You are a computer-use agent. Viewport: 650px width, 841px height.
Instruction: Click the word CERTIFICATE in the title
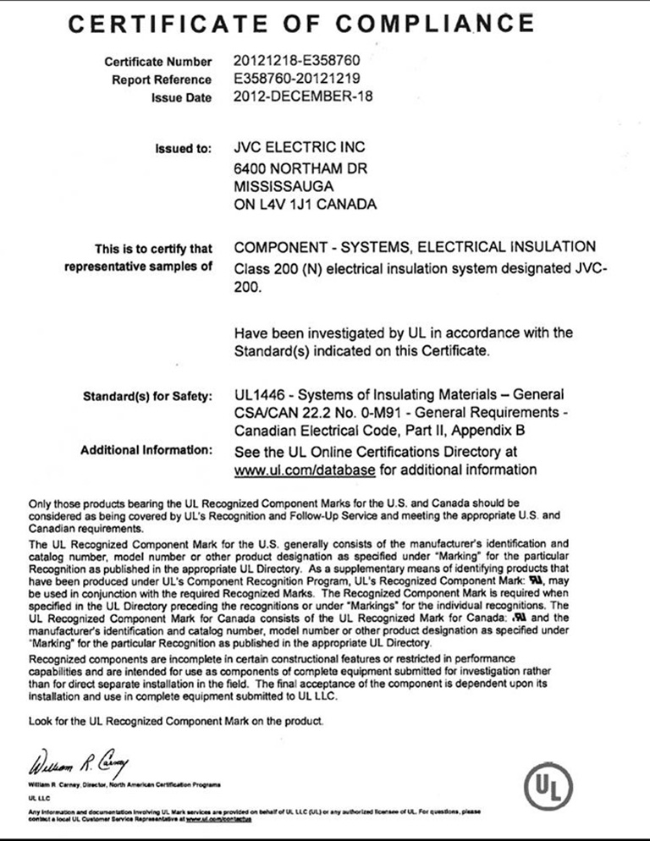point(170,23)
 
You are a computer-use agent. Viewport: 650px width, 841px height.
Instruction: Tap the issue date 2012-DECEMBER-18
point(302,96)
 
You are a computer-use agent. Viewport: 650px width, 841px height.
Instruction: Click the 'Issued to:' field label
point(183,150)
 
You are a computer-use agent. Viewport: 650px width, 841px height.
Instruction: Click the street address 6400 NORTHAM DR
point(300,168)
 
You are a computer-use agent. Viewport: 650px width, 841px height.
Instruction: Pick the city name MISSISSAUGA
point(283,186)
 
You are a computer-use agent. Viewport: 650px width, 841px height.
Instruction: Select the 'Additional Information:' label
point(146,449)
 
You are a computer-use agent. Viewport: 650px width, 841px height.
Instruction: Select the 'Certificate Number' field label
point(158,63)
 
